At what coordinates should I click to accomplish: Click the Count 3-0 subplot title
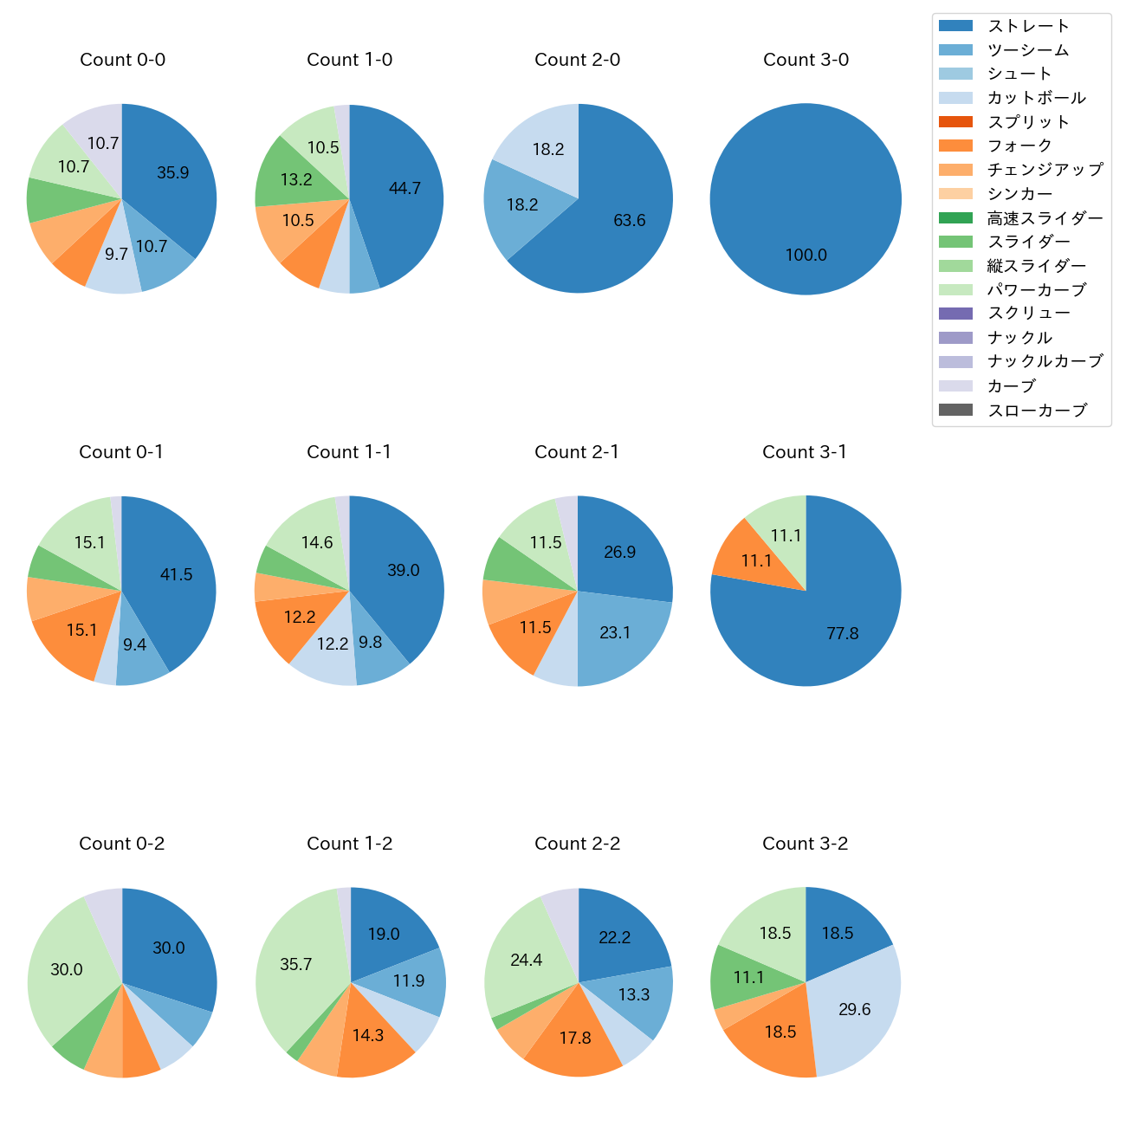[806, 60]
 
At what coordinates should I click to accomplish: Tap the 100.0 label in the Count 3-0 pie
[806, 255]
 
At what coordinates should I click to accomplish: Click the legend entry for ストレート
[1028, 26]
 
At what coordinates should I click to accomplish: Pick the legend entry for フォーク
[1019, 146]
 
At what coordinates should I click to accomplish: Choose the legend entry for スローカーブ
[1037, 411]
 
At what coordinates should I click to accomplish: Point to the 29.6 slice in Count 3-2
[853, 1009]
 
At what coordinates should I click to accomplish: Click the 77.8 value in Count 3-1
[842, 633]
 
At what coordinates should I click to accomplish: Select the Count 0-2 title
[122, 844]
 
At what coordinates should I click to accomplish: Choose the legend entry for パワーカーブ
[1036, 290]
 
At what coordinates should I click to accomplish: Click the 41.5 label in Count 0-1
[177, 574]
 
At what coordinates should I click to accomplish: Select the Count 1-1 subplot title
[349, 452]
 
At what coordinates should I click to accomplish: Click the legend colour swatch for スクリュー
[955, 314]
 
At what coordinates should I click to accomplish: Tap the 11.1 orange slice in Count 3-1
[756, 560]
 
